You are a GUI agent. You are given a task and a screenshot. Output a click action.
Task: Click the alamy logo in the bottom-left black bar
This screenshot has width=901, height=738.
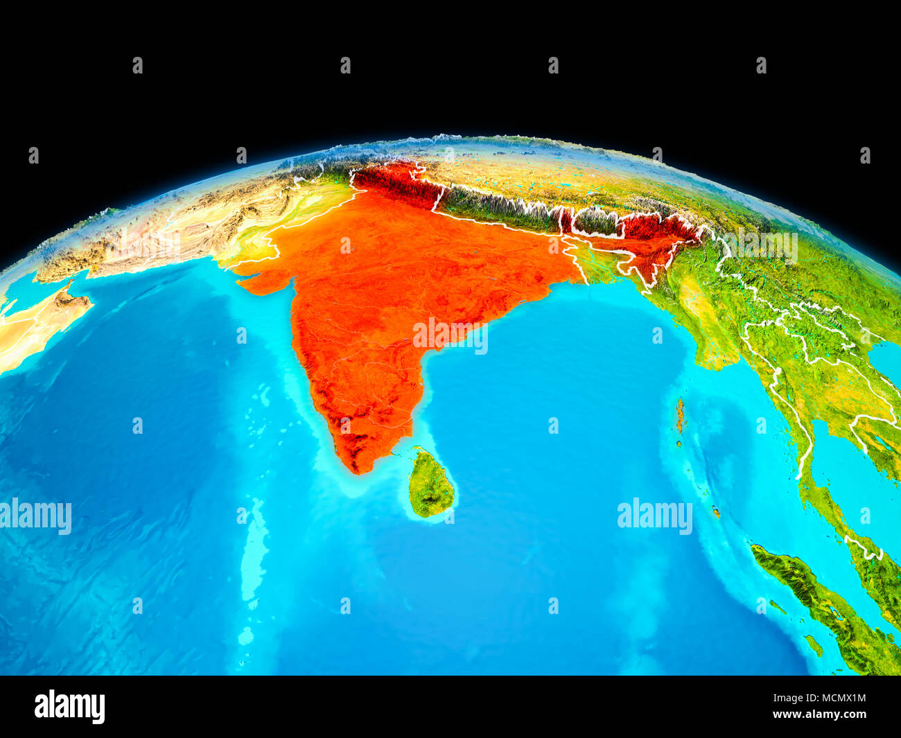(x=69, y=706)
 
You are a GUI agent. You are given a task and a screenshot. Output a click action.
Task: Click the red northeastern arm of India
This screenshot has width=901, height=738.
(x=651, y=239)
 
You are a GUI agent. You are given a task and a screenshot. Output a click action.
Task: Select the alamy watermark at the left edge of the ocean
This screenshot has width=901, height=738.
(x=35, y=516)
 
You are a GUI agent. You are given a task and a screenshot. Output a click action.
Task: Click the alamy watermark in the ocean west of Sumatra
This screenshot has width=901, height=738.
(x=654, y=516)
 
